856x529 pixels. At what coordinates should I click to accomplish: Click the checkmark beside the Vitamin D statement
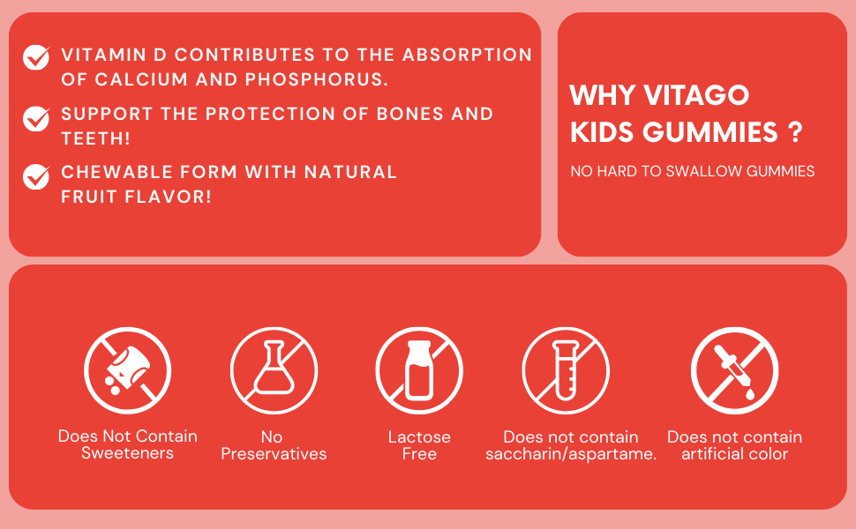point(36,57)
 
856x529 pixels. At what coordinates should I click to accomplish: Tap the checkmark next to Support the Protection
point(36,118)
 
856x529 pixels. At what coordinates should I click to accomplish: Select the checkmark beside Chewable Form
point(36,176)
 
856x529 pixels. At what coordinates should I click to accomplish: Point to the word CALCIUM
point(141,79)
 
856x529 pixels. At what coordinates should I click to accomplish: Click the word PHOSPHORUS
point(317,79)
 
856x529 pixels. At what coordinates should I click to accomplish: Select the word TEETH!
point(95,138)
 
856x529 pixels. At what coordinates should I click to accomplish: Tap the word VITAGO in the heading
point(696,95)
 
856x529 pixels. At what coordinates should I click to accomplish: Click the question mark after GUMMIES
point(796,132)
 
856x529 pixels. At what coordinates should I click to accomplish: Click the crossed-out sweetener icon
point(128,371)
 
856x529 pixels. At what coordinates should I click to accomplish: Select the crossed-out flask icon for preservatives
point(274,371)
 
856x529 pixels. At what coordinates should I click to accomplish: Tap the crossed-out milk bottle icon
point(419,371)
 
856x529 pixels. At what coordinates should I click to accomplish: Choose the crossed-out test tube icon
point(566,371)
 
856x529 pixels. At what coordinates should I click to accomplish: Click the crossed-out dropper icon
point(735,371)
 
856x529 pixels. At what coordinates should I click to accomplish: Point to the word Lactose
point(419,436)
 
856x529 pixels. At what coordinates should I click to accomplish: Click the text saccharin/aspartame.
point(571,454)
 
